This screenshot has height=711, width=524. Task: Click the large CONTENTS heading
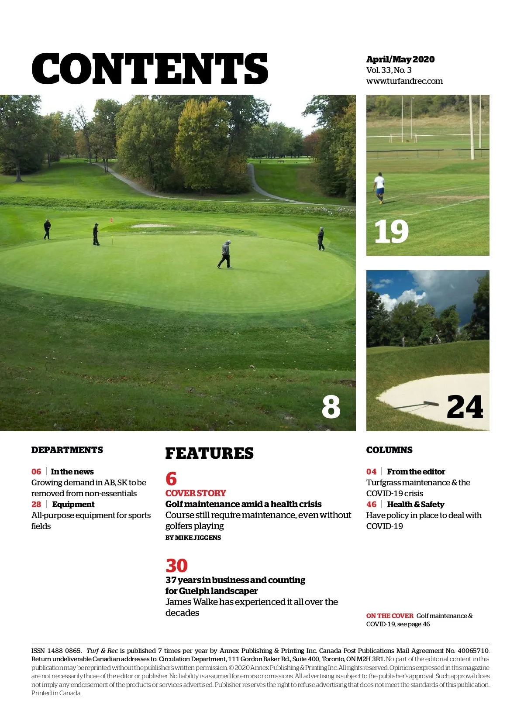pos(150,69)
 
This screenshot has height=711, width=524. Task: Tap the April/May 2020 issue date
pos(400,59)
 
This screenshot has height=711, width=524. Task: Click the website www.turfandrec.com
pos(404,81)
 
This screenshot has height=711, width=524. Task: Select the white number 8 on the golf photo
pos(331,407)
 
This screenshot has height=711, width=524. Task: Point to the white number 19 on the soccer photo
pos(391,232)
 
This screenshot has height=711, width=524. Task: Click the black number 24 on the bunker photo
pos(465,407)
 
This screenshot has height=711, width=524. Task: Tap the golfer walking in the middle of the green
pos(225,254)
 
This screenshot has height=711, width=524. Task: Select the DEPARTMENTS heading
pos(67,450)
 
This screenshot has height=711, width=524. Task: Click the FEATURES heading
pos(209,453)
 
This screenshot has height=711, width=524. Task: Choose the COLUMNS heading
pos(389,450)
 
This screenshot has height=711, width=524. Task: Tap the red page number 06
pos(36,472)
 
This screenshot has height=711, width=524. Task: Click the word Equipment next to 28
pos(73,505)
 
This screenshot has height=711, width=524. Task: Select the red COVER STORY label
pos(196,493)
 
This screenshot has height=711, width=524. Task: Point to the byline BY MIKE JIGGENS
pos(193,538)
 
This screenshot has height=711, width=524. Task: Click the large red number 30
pos(176,566)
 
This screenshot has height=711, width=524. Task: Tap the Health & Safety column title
pos(416,505)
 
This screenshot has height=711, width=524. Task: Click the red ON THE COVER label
pos(390,616)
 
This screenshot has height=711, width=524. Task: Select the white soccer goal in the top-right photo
pos(403,137)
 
